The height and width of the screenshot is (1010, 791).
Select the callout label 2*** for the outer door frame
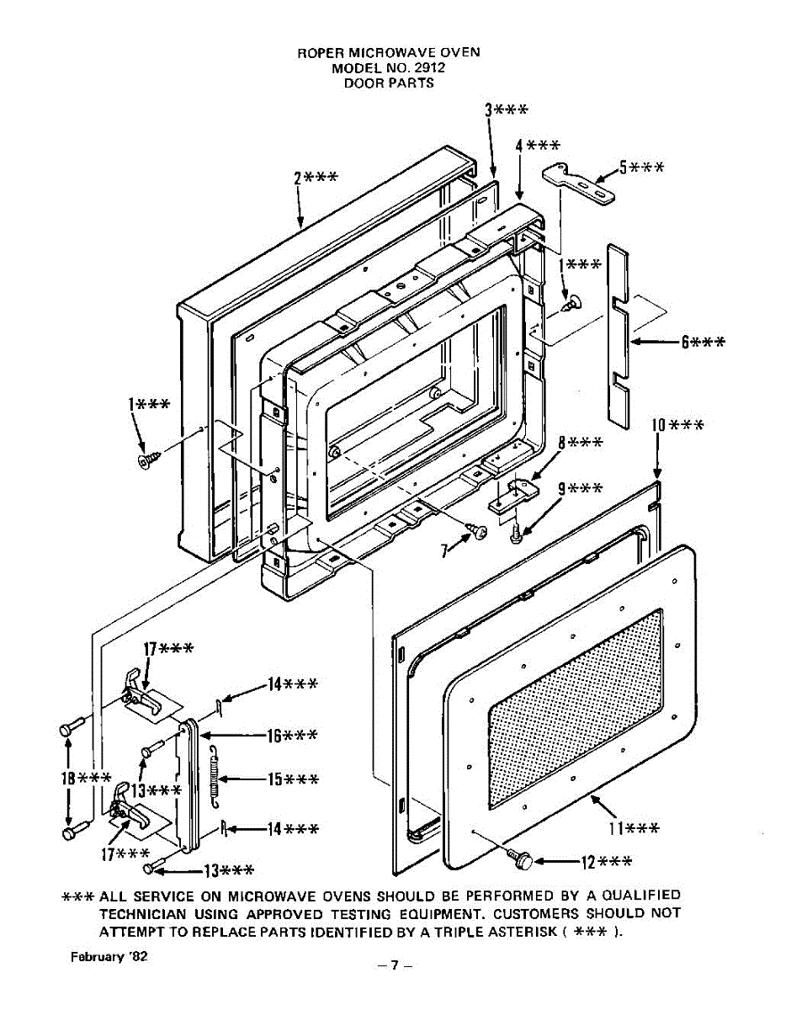[x=316, y=178]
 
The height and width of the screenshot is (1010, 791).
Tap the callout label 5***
[x=641, y=167]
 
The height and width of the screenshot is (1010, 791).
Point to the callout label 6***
[x=703, y=342]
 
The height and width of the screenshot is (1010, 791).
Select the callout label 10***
[x=677, y=425]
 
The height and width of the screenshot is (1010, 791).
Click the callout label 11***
[x=634, y=829]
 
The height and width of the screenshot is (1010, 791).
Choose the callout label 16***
[x=292, y=736]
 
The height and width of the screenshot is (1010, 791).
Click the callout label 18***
[x=85, y=777]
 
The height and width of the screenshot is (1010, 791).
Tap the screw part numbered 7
[x=480, y=532]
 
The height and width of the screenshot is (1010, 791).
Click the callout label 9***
[x=580, y=488]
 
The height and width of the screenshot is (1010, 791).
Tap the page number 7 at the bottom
[x=394, y=966]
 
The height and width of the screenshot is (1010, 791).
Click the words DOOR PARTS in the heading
[x=389, y=83]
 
